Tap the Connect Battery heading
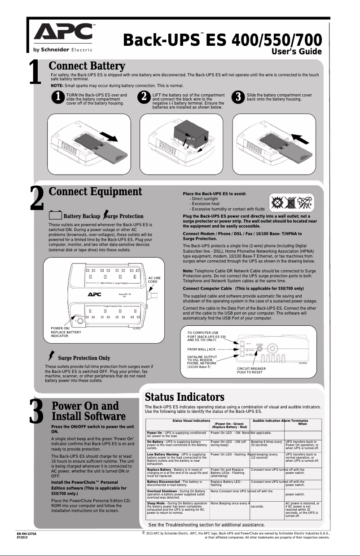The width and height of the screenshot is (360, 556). click(x=87, y=66)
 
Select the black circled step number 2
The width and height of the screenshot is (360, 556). click(x=144, y=98)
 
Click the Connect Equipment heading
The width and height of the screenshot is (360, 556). click(x=95, y=192)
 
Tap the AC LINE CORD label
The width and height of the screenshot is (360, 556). click(x=154, y=280)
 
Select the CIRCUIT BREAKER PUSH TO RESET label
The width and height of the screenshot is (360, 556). click(x=251, y=370)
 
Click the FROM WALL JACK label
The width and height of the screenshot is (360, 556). click(x=201, y=349)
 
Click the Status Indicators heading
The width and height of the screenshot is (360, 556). click(x=184, y=397)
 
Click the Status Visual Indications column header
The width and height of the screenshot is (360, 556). click(x=191, y=420)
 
